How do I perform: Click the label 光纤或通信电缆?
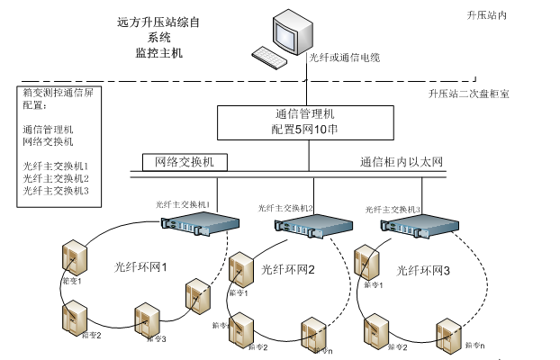(345, 58)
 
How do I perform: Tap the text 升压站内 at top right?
(487, 16)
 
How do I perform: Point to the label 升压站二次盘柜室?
(468, 94)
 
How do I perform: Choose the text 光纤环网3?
(423, 269)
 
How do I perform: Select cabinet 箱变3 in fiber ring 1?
(147, 318)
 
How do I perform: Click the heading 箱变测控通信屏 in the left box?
(53, 93)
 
